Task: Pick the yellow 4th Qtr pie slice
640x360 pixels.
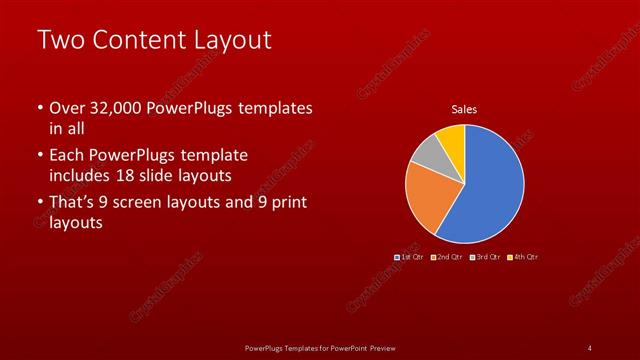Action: [x=451, y=137]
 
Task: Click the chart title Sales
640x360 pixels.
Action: [x=464, y=109]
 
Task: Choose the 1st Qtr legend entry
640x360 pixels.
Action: [x=410, y=257]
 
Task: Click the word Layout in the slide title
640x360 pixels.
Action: [x=232, y=40]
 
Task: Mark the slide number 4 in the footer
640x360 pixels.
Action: [x=589, y=347]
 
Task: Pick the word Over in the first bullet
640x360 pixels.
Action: [x=67, y=108]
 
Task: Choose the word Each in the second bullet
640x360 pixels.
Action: [x=67, y=155]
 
